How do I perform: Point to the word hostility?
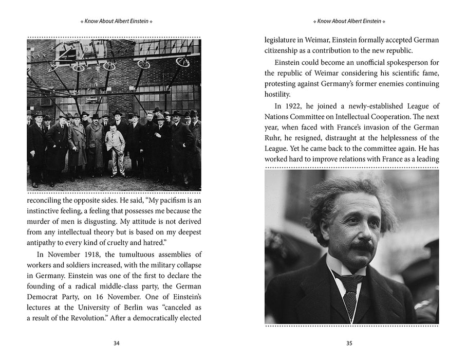tap(281, 94)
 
